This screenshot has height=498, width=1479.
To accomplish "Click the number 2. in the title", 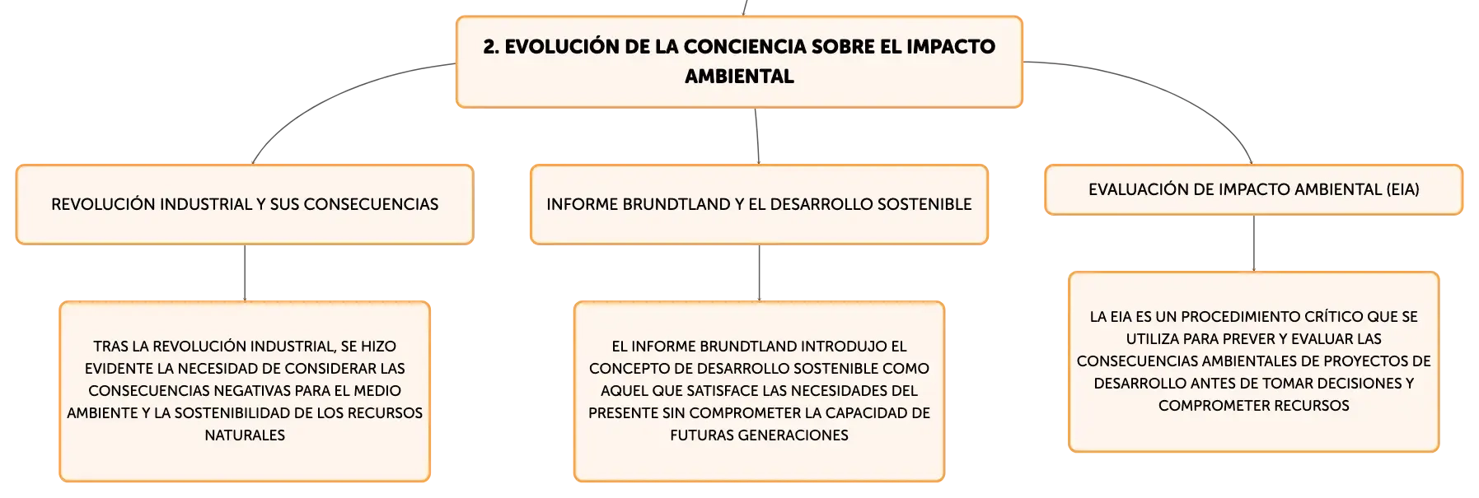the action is (491, 47).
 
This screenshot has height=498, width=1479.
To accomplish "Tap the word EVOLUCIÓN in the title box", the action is (562, 46).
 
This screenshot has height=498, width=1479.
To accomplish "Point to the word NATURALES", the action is (245, 435).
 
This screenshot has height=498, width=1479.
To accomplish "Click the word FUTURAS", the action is (700, 435).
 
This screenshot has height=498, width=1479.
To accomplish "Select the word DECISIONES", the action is (1360, 384).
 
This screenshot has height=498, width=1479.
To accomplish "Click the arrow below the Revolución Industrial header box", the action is (245, 273).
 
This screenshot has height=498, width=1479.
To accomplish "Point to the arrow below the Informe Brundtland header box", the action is (759, 273).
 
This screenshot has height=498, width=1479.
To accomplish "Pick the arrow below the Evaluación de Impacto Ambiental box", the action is (1254, 244).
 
